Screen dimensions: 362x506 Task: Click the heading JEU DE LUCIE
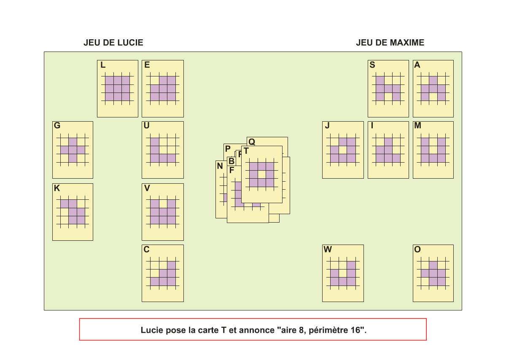[x=113, y=43]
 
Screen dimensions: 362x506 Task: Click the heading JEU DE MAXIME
[x=390, y=43]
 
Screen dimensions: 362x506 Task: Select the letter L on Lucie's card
[x=103, y=65]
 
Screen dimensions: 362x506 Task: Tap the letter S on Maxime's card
[x=372, y=65]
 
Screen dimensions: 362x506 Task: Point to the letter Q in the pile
[x=251, y=142]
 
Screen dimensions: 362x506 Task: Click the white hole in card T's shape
[x=262, y=174]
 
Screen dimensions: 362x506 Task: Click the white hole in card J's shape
[x=343, y=150]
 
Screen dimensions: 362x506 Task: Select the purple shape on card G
[x=73, y=150]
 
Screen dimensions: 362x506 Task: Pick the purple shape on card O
[x=433, y=273]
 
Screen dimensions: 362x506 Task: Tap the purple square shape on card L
[x=117, y=88]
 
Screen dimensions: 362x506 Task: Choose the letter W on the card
[x=328, y=250]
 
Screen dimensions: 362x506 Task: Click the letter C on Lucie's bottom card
[x=146, y=250]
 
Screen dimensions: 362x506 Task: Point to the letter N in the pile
[x=220, y=166]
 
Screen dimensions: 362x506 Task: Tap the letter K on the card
[x=57, y=188]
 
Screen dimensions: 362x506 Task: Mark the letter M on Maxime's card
[x=417, y=126]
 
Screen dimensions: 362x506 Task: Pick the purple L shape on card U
[x=155, y=154]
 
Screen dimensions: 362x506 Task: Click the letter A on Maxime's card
[x=417, y=65]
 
